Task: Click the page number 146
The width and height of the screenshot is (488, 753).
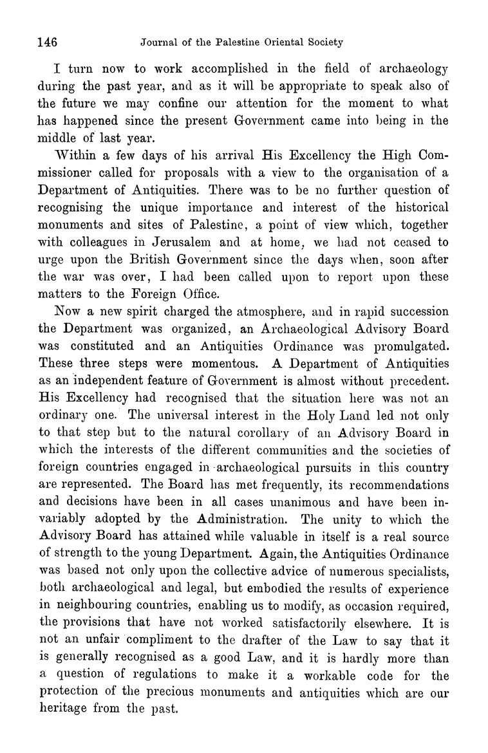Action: click(48, 43)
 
